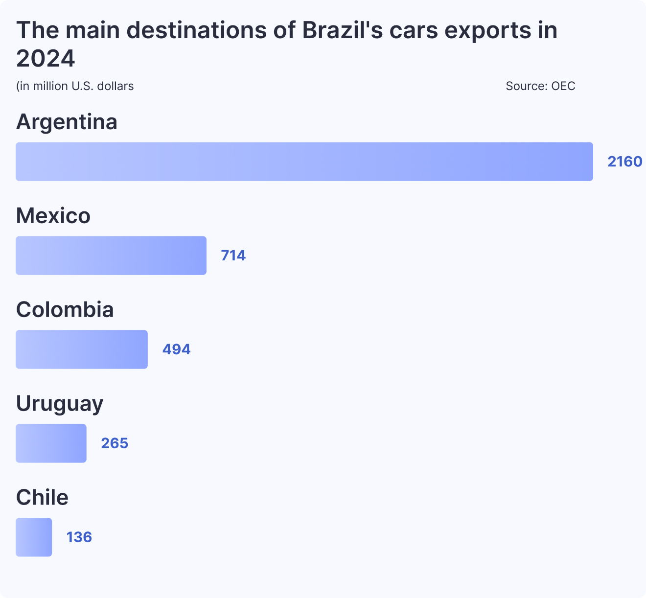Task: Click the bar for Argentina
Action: (x=304, y=161)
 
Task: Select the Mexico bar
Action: (x=111, y=255)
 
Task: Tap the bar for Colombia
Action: (x=82, y=349)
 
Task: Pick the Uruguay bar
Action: (x=51, y=443)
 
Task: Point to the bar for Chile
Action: (x=34, y=537)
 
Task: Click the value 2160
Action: (x=624, y=161)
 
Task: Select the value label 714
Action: (x=233, y=255)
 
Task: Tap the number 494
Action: (x=176, y=349)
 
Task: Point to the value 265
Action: (x=115, y=443)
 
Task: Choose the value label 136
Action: (x=79, y=537)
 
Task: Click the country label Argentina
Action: (x=67, y=122)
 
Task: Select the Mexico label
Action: (x=53, y=216)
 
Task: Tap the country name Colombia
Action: (x=65, y=310)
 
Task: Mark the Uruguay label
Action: (x=60, y=404)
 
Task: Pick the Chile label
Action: (x=43, y=498)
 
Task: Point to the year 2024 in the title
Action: (x=46, y=59)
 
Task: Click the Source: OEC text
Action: (x=540, y=86)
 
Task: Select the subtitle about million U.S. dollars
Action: (x=75, y=86)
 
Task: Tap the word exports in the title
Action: (x=487, y=30)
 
